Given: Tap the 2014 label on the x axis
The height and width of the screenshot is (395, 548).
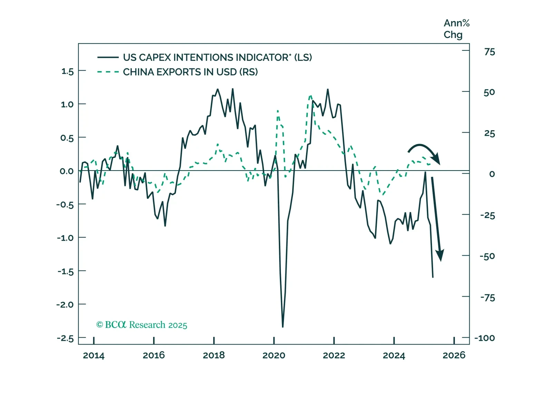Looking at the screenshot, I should [x=94, y=355].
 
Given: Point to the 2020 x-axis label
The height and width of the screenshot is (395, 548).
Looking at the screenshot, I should [x=274, y=355].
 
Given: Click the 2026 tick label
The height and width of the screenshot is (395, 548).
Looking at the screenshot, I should [x=454, y=355].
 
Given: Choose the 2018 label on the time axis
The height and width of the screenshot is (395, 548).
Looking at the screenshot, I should [x=214, y=355].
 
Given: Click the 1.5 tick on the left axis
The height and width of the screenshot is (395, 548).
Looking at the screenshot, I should [x=67, y=71].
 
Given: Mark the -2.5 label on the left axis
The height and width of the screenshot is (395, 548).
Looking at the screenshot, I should [x=65, y=338].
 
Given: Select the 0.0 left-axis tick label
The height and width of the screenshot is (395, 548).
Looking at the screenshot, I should [x=67, y=171].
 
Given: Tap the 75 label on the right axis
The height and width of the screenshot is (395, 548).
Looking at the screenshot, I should [x=489, y=52].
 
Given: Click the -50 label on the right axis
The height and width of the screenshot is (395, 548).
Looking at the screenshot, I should [x=487, y=256].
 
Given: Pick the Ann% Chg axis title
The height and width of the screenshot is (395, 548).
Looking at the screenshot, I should [x=456, y=29].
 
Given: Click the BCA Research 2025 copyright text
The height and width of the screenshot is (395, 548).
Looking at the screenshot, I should [x=141, y=325].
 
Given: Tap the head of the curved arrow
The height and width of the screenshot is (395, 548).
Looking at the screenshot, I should [x=437, y=160].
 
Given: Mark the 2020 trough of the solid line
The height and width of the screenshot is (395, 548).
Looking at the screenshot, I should [x=283, y=326].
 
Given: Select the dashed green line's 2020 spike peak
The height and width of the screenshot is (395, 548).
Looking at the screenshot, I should [x=277, y=111].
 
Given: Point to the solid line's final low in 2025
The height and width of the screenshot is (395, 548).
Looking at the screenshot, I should [x=433, y=277].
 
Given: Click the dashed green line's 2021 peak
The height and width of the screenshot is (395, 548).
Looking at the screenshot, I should [x=310, y=96].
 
